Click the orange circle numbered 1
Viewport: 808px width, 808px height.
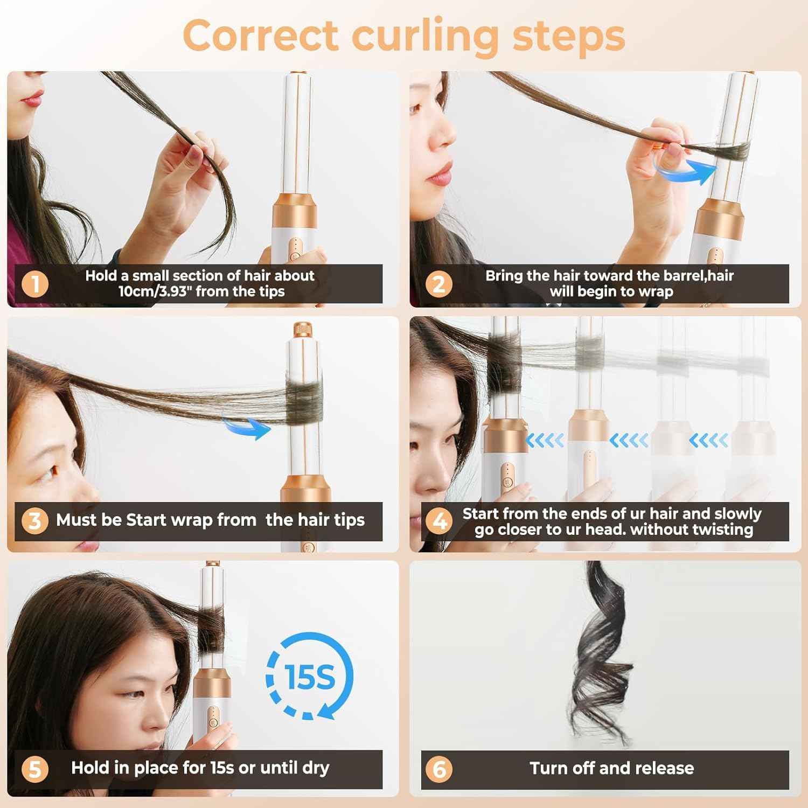(35, 284)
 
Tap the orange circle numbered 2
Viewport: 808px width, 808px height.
(438, 284)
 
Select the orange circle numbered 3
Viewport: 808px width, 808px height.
(35, 521)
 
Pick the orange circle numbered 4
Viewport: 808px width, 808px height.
(438, 521)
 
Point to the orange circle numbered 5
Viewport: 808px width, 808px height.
(35, 769)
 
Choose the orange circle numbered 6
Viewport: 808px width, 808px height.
(438, 769)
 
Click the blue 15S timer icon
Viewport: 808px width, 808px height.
(309, 677)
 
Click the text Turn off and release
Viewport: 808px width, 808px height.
(611, 768)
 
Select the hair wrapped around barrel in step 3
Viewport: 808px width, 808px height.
(304, 401)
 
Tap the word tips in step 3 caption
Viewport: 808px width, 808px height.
(348, 520)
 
